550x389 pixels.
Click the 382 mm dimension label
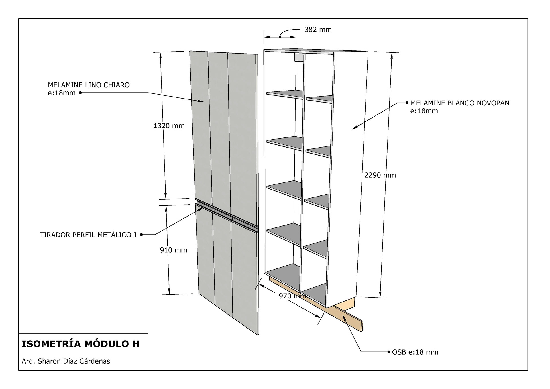coord(318,30)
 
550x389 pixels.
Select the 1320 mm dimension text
coord(169,126)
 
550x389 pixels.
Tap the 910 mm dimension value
coord(173,250)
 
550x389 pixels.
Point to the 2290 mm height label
coord(380,175)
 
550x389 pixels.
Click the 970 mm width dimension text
coord(292,296)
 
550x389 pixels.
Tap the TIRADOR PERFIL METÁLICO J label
coord(88,235)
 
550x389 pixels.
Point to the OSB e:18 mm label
coord(415,352)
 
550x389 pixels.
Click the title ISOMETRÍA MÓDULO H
coord(80,344)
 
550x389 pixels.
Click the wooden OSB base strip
coord(348,318)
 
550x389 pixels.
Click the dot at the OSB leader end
coord(389,352)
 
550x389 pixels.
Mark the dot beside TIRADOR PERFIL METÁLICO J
coord(141,235)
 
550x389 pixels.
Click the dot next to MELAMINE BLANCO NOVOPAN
coord(407,103)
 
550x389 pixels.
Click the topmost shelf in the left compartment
coord(285,94)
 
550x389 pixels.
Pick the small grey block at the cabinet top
coord(299,57)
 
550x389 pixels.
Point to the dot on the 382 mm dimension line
coord(280,37)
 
